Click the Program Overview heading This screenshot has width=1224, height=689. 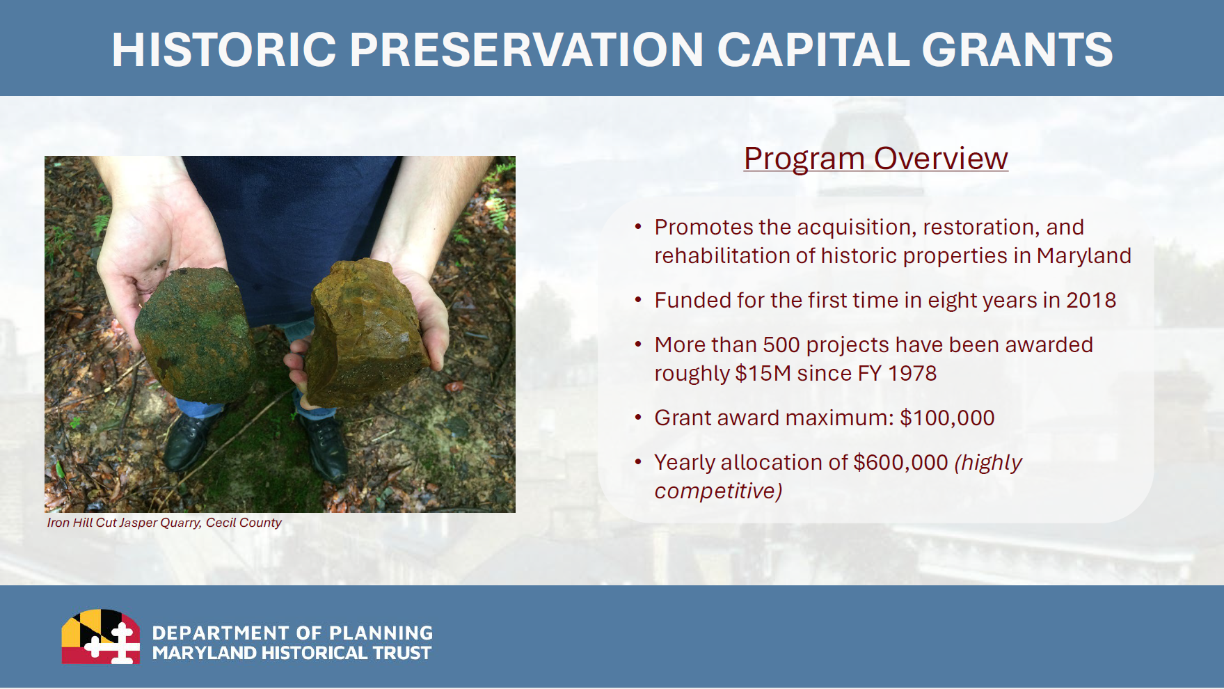[875, 159]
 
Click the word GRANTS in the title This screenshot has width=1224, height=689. [1017, 49]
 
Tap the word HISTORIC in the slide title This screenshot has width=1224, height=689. [224, 49]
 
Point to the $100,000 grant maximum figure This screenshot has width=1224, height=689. [947, 418]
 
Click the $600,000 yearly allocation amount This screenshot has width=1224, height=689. [900, 462]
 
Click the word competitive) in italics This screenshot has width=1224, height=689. [718, 491]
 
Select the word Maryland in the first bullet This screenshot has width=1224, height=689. [1083, 256]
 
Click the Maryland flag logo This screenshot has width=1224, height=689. [101, 636]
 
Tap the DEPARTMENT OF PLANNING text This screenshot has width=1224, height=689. [292, 633]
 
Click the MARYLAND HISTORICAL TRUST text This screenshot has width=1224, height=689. [292, 653]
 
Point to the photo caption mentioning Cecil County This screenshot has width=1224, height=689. [164, 523]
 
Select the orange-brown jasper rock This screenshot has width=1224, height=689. [367, 332]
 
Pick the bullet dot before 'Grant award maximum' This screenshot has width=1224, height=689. [638, 418]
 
